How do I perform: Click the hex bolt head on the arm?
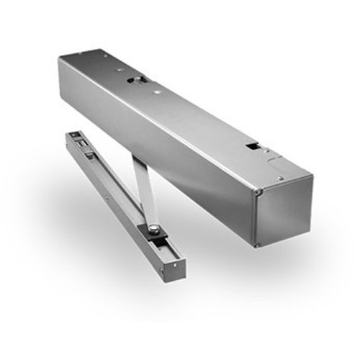click(153, 229)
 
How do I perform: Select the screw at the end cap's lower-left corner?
click(257, 245)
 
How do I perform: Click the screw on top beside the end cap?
click(280, 178)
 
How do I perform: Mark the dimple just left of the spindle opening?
click(119, 71)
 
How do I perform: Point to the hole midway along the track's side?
click(106, 192)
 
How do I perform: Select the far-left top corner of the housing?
click(60, 58)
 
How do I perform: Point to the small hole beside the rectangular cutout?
click(266, 152)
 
